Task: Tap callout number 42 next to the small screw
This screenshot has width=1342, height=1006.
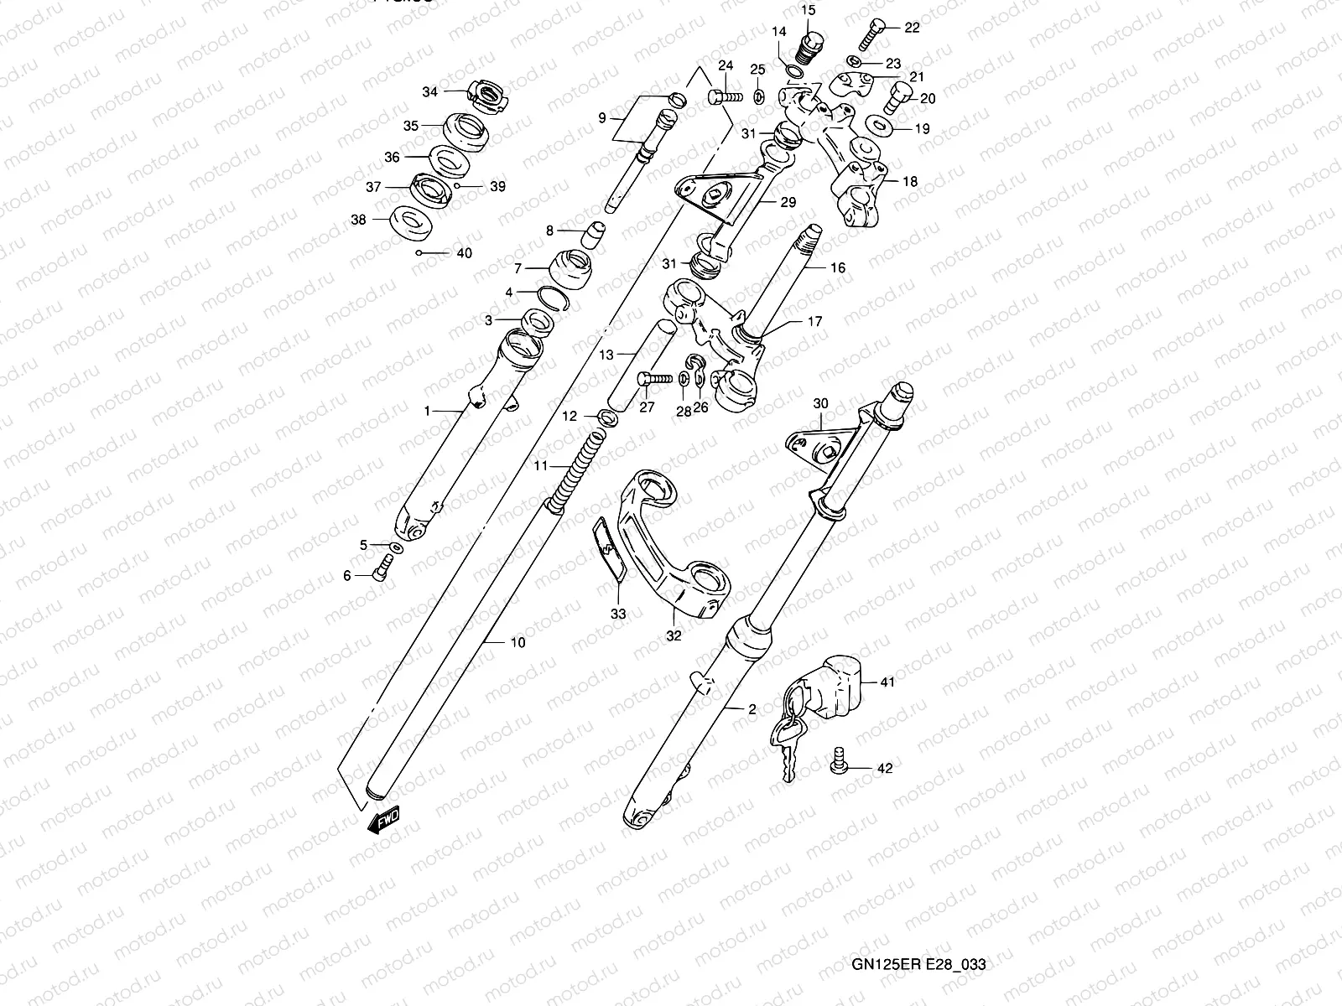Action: [x=885, y=768]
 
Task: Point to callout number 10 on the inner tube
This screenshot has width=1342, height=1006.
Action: [x=518, y=643]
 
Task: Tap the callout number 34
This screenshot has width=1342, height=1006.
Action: [x=430, y=92]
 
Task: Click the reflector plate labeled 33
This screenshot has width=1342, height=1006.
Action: [x=609, y=549]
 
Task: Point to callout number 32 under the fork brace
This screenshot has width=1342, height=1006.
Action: [x=674, y=635]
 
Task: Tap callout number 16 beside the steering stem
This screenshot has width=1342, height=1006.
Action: [x=838, y=268]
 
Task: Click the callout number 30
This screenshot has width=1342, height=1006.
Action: [x=820, y=403]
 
